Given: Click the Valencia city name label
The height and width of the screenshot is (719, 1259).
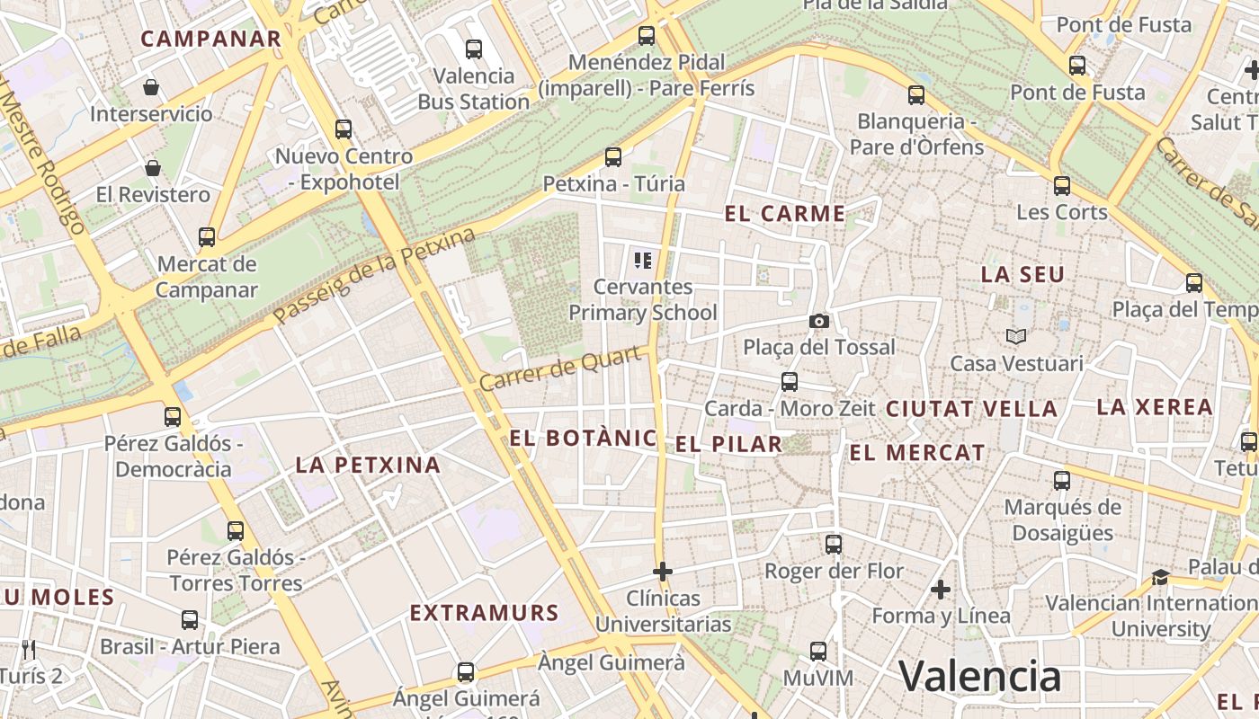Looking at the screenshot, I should click(980, 676).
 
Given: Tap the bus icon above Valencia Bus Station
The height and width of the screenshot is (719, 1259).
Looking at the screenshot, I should click(474, 49).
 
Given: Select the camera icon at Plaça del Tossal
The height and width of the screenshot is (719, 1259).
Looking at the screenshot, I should click(818, 321).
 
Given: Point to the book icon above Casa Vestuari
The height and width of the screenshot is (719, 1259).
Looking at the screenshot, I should click(1016, 336).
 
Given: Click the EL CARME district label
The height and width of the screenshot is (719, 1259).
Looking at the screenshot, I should click(785, 214).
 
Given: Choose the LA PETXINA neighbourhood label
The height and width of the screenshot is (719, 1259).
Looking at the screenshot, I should click(369, 465).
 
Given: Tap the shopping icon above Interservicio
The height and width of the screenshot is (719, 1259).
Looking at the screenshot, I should click(151, 87).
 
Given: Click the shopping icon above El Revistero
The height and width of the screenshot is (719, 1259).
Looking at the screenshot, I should click(153, 168).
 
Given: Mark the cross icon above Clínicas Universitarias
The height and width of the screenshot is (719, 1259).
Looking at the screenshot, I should click(663, 572).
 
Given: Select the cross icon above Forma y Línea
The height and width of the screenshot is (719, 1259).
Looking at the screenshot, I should click(941, 590).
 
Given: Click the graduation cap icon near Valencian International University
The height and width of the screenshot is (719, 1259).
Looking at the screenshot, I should click(1161, 576).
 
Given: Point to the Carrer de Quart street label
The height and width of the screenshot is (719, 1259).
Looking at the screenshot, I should click(562, 369).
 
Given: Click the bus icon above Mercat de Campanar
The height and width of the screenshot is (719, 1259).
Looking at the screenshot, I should click(207, 237).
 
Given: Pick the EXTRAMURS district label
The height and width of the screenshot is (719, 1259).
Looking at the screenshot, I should click(485, 613).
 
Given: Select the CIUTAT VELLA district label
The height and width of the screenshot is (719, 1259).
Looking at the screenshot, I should click(971, 409).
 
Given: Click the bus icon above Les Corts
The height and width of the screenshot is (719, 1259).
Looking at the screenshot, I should click(1062, 186).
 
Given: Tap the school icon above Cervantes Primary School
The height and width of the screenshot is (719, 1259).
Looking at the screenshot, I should click(643, 261).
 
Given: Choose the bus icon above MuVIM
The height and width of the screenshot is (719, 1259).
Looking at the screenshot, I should click(818, 652).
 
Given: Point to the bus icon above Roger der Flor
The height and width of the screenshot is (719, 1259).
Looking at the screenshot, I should click(834, 545).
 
